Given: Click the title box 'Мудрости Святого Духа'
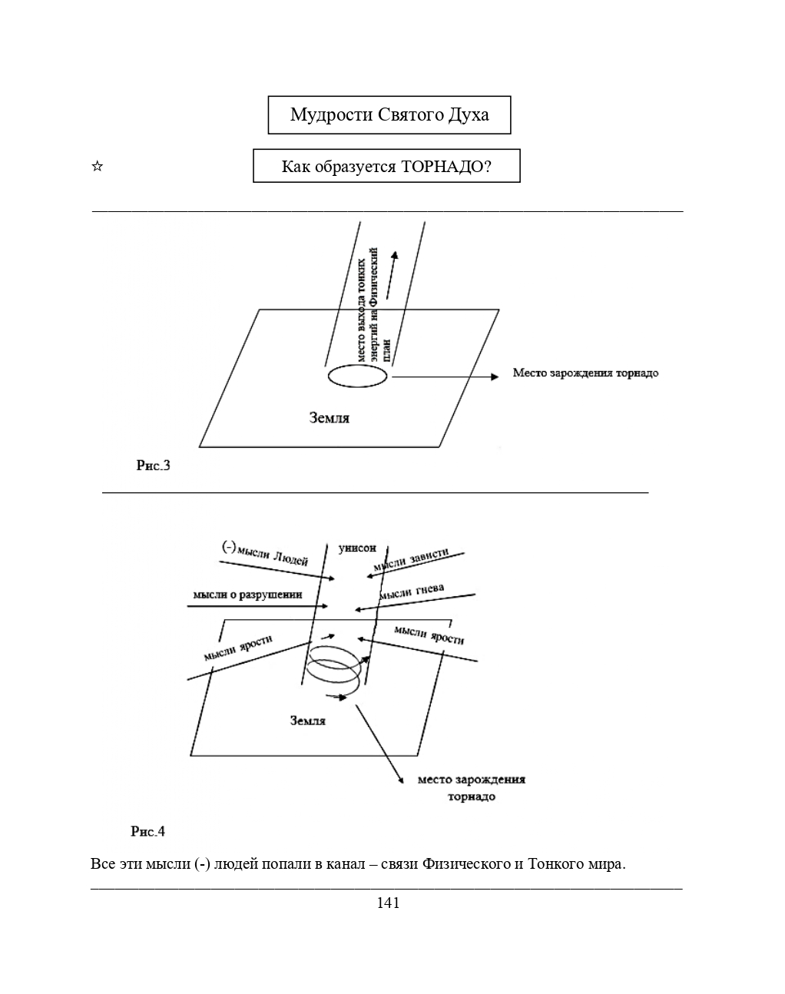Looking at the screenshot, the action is (389, 115).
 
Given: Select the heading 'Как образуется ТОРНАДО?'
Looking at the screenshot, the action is (386, 166).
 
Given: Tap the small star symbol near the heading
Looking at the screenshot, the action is (97, 166).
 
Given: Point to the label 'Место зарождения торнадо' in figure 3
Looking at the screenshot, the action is (585, 373).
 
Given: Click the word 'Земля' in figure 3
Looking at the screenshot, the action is (330, 418).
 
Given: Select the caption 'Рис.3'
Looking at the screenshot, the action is (154, 466).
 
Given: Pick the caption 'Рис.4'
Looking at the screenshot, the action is (147, 831).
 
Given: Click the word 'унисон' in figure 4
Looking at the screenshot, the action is (357, 548).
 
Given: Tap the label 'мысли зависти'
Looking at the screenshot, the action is (411, 559).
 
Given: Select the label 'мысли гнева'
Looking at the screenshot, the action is (412, 591).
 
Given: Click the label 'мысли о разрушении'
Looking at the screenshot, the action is (247, 595).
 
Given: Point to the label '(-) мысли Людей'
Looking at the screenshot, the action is (265, 554).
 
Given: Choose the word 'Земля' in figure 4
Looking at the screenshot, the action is (308, 721).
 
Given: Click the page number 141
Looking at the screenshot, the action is (388, 903).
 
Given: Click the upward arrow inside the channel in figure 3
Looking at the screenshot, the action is (391, 275).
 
